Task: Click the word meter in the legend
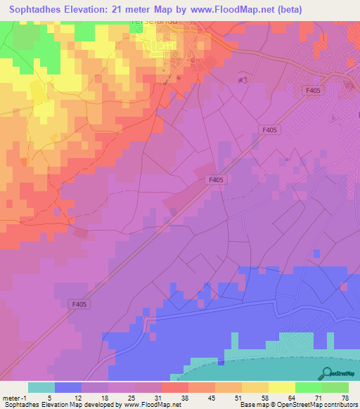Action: point(11,397)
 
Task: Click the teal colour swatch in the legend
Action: point(41,387)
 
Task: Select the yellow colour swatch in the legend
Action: point(282,387)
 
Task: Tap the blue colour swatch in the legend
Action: point(68,387)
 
